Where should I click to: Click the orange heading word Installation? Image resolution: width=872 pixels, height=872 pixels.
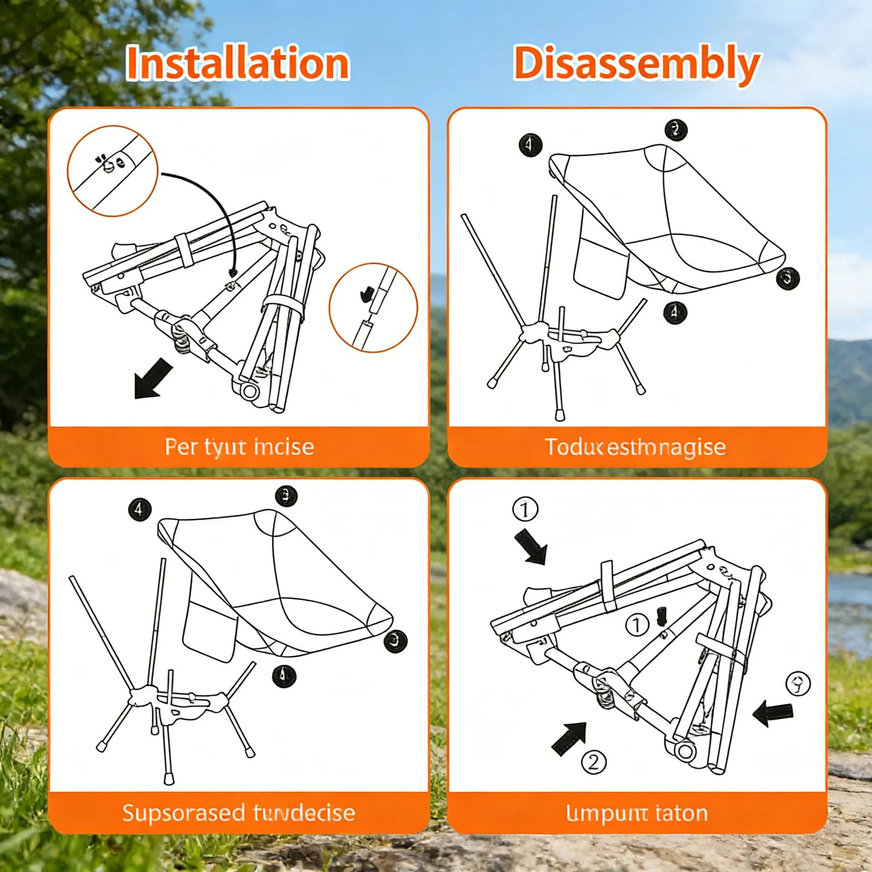point(237,63)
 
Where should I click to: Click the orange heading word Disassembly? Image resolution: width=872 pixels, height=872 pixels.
point(636,63)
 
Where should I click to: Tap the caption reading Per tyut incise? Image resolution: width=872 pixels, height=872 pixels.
point(239,447)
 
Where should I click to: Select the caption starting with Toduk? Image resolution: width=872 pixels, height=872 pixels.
point(635,447)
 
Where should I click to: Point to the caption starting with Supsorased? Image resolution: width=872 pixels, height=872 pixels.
point(238,813)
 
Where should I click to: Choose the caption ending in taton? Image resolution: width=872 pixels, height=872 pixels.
point(637,813)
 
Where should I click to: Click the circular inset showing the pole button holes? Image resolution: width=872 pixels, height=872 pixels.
point(112,171)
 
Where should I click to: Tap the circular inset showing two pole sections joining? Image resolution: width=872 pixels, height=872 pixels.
point(373,308)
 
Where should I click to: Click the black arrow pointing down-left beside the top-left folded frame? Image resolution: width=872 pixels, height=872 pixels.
point(152,378)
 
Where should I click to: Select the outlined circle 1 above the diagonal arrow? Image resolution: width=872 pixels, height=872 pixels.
point(525,509)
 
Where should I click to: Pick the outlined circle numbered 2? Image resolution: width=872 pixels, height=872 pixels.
point(593,762)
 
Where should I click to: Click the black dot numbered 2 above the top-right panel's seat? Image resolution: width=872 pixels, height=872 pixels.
point(676,130)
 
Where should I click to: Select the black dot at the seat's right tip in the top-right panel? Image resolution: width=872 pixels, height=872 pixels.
point(788,278)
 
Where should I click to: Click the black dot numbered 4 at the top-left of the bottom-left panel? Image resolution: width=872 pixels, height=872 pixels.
point(139,509)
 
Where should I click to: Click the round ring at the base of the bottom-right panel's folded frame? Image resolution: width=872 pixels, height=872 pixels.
point(685,752)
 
